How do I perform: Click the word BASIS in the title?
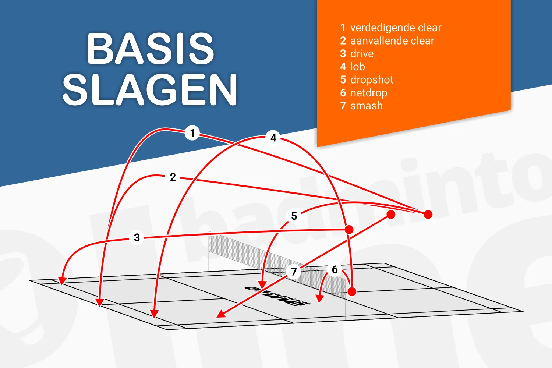tap(151, 49)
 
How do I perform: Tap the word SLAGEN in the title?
tap(150, 89)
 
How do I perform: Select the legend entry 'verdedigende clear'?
tap(391, 28)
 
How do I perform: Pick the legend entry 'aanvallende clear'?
tap(387, 40)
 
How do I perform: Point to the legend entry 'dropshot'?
tap(367, 79)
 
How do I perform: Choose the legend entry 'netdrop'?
tap(364, 93)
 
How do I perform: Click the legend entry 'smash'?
tap(361, 106)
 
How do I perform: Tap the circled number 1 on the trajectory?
tap(192, 133)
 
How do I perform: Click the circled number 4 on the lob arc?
tap(273, 138)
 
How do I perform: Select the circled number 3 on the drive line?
tap(137, 237)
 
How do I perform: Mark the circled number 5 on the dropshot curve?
tap(294, 216)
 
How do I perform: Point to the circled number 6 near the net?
tap(335, 269)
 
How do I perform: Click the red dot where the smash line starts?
tap(391, 214)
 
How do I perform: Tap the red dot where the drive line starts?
tap(349, 230)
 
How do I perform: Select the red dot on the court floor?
tap(352, 291)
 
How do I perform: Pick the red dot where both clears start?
tap(428, 214)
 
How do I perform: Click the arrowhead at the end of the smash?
tap(220, 314)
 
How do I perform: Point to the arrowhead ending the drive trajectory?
tap(62, 281)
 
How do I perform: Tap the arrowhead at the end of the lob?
tap(154, 314)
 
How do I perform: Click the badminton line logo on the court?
tap(278, 296)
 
